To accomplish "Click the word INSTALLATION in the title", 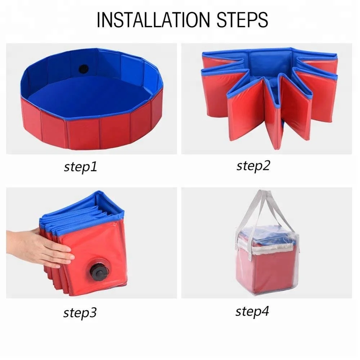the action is pyautogui.click(x=153, y=20).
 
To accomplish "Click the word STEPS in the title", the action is pyautogui.click(x=242, y=20).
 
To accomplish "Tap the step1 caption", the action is pyautogui.click(x=80, y=167).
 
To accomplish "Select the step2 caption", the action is pyautogui.click(x=253, y=166).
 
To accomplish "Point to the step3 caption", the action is pyautogui.click(x=80, y=312).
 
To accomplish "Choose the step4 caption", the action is pyautogui.click(x=252, y=311).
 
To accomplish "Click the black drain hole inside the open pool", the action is pyautogui.click(x=84, y=69).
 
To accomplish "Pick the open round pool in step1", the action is pyautogui.click(x=92, y=99).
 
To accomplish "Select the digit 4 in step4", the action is pyautogui.click(x=265, y=311).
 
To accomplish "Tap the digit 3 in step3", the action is pyautogui.click(x=93, y=312).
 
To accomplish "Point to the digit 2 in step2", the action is pyautogui.click(x=266, y=165).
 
